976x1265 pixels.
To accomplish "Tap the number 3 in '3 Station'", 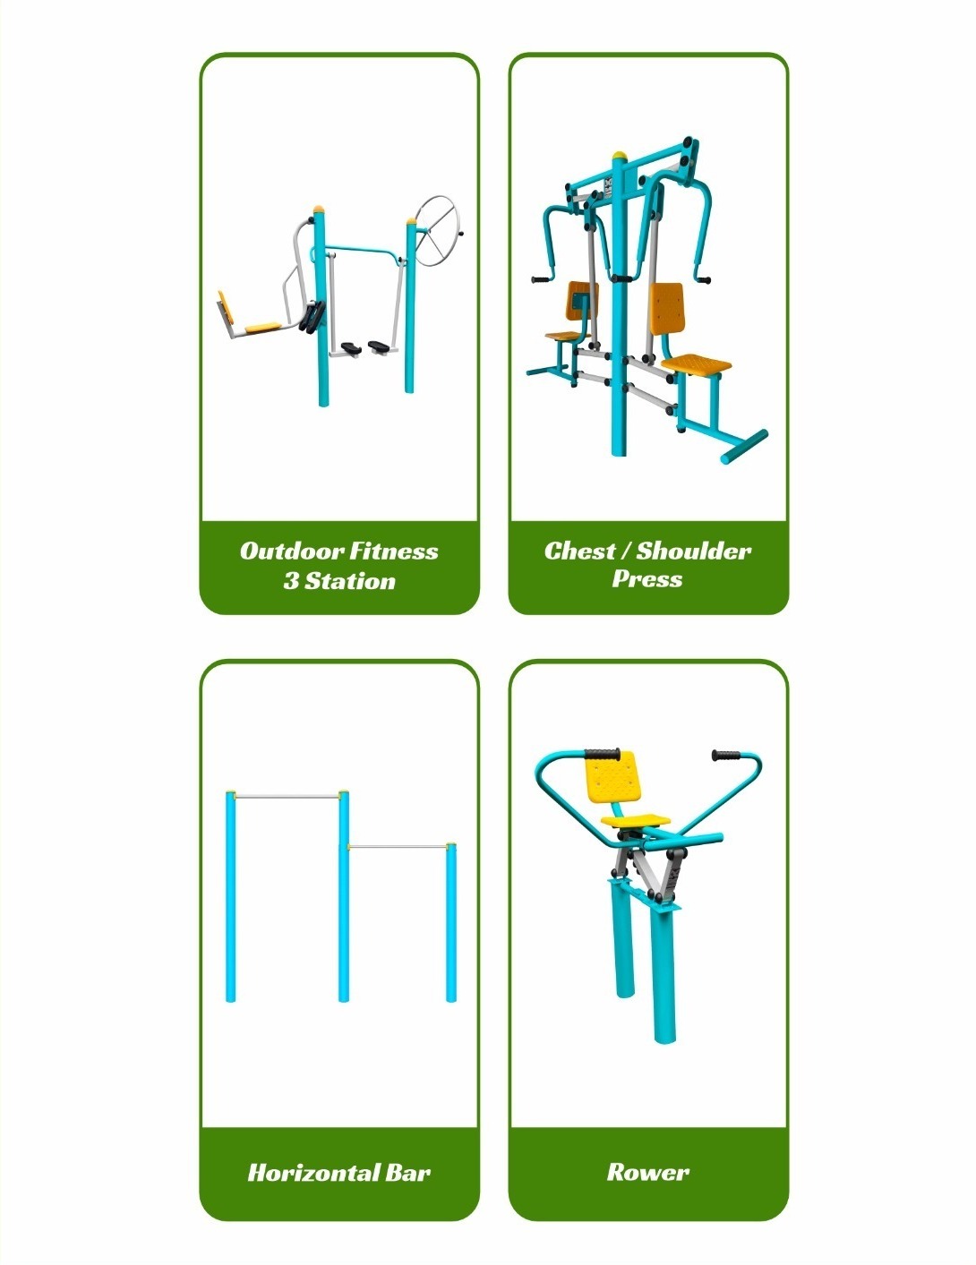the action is coord(291,581).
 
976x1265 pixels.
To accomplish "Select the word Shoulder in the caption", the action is coord(693,551).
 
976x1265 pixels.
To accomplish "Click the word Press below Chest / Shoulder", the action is coord(647,578).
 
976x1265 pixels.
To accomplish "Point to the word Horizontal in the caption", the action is coord(312,1173).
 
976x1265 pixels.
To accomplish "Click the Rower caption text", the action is coord(647,1172).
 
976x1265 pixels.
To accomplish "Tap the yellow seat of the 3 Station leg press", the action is coord(263,328).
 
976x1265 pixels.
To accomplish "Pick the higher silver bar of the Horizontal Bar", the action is coord(287,795).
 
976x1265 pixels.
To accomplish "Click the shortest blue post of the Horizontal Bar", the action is coord(451,923).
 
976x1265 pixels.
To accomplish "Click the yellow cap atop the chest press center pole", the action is coord(620,156).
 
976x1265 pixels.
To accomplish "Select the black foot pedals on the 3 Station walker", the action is coord(365,347).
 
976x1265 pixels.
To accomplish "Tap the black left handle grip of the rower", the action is coord(602,754).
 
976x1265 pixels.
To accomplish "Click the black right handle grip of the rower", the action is coord(726,756).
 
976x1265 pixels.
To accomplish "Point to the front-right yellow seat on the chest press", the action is coord(696,364).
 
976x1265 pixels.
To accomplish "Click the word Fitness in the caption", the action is coord(394,551).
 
